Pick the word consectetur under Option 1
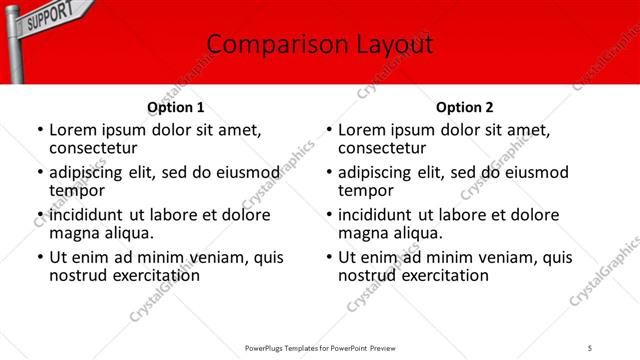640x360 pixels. [92, 148]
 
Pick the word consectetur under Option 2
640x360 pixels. [381, 148]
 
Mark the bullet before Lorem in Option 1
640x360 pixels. [39, 131]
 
